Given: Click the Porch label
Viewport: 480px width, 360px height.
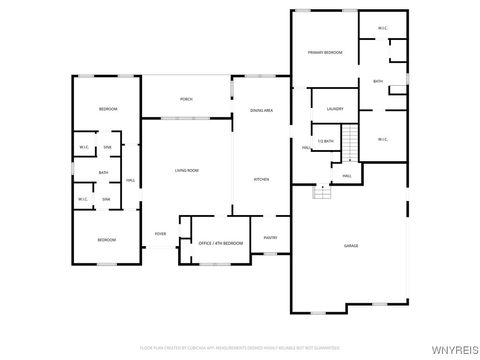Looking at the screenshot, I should [186, 99].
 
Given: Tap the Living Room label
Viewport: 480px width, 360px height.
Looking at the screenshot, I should [187, 171].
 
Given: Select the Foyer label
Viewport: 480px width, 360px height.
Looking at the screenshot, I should [160, 234].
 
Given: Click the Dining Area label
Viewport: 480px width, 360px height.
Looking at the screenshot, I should [263, 110].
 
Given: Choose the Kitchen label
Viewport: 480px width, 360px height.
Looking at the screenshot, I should [261, 179].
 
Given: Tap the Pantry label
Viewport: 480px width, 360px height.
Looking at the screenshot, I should [270, 237].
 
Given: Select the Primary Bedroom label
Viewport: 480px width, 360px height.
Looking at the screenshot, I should [325, 50].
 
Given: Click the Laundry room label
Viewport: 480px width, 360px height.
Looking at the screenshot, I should [335, 108].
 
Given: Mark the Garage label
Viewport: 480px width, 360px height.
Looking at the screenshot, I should [351, 245].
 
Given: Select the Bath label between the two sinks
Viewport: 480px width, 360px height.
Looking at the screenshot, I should [103, 173].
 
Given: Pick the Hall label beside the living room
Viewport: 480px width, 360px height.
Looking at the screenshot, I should [130, 180].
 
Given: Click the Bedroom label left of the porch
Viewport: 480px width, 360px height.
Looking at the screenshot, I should [107, 108].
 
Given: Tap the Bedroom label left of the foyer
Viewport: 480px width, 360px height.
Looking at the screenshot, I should [106, 240].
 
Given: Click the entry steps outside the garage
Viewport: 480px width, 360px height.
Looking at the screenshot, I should [322, 192].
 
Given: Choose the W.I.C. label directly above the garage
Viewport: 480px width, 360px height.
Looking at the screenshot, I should [383, 139].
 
